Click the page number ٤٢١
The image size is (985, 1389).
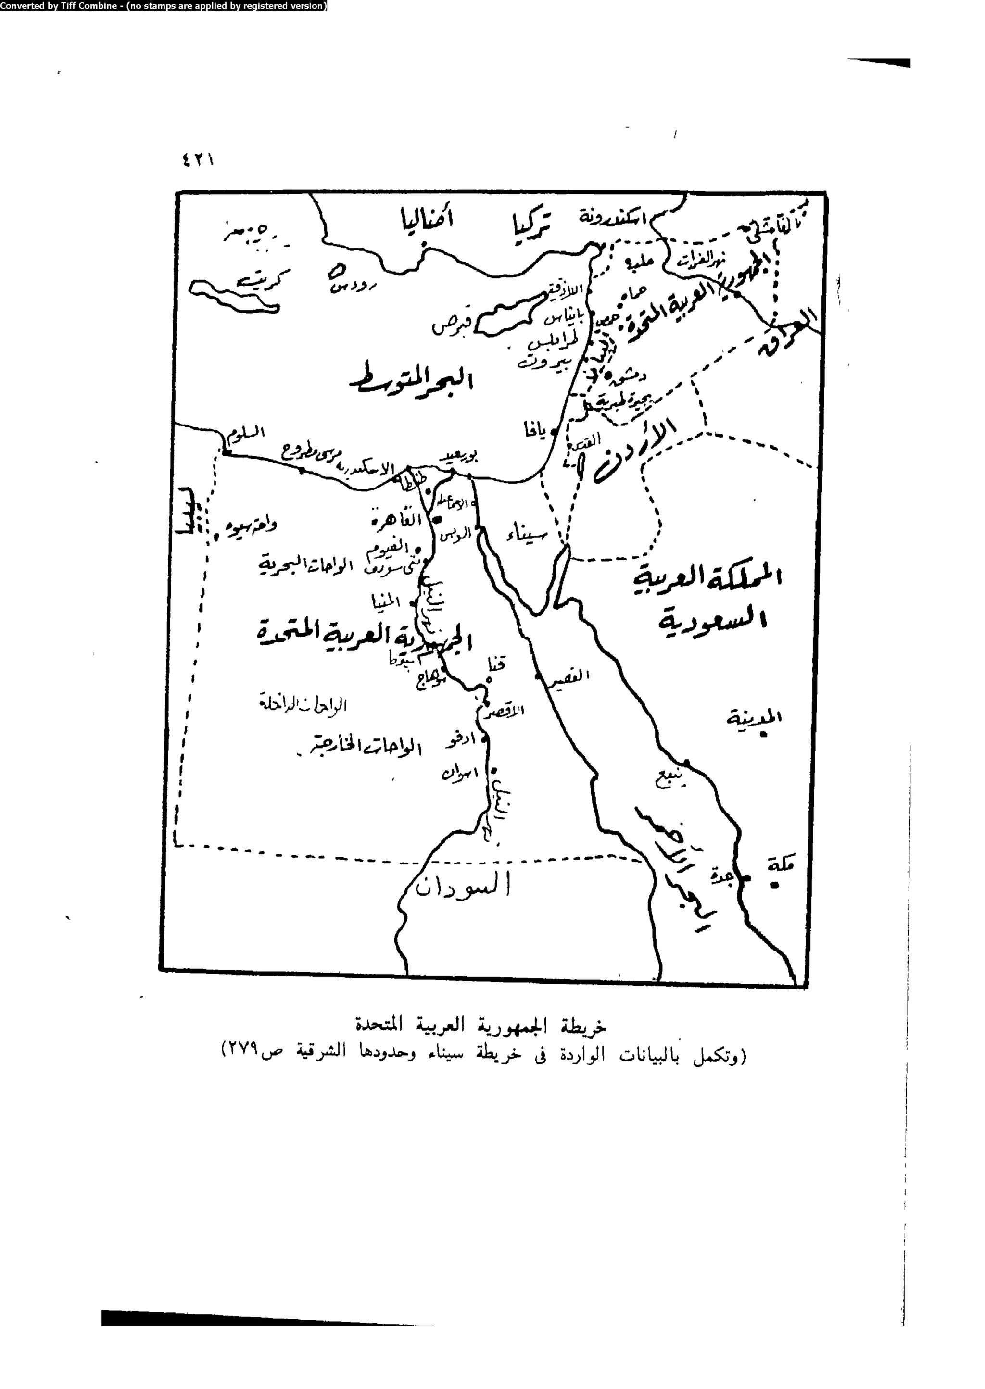click(x=197, y=161)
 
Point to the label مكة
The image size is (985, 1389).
click(x=780, y=865)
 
